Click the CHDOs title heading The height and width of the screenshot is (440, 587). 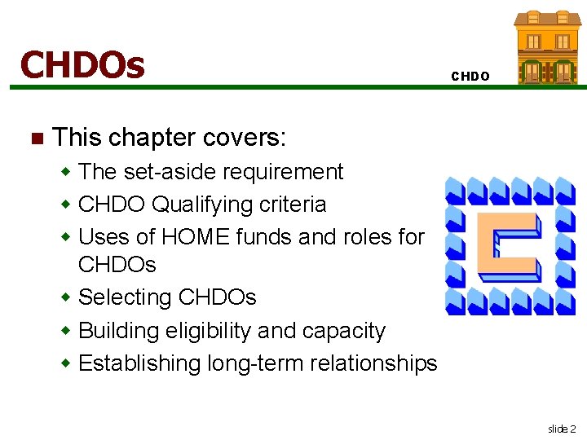82,64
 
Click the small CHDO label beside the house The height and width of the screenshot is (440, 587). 470,77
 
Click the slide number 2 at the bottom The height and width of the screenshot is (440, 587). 562,429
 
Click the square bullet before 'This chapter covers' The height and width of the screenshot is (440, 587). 34,137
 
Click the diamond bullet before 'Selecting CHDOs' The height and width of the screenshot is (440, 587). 68,298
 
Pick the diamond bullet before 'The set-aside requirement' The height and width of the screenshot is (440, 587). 68,173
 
